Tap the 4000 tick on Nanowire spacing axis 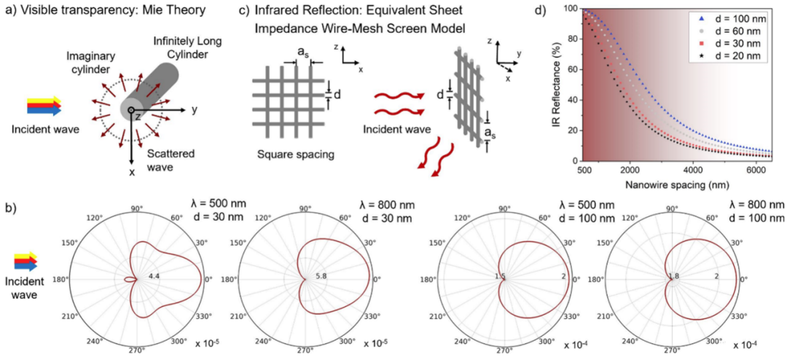click(691, 169)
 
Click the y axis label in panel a click(196, 110)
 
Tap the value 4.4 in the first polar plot click(154, 278)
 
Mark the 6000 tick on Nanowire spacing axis click(756, 169)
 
